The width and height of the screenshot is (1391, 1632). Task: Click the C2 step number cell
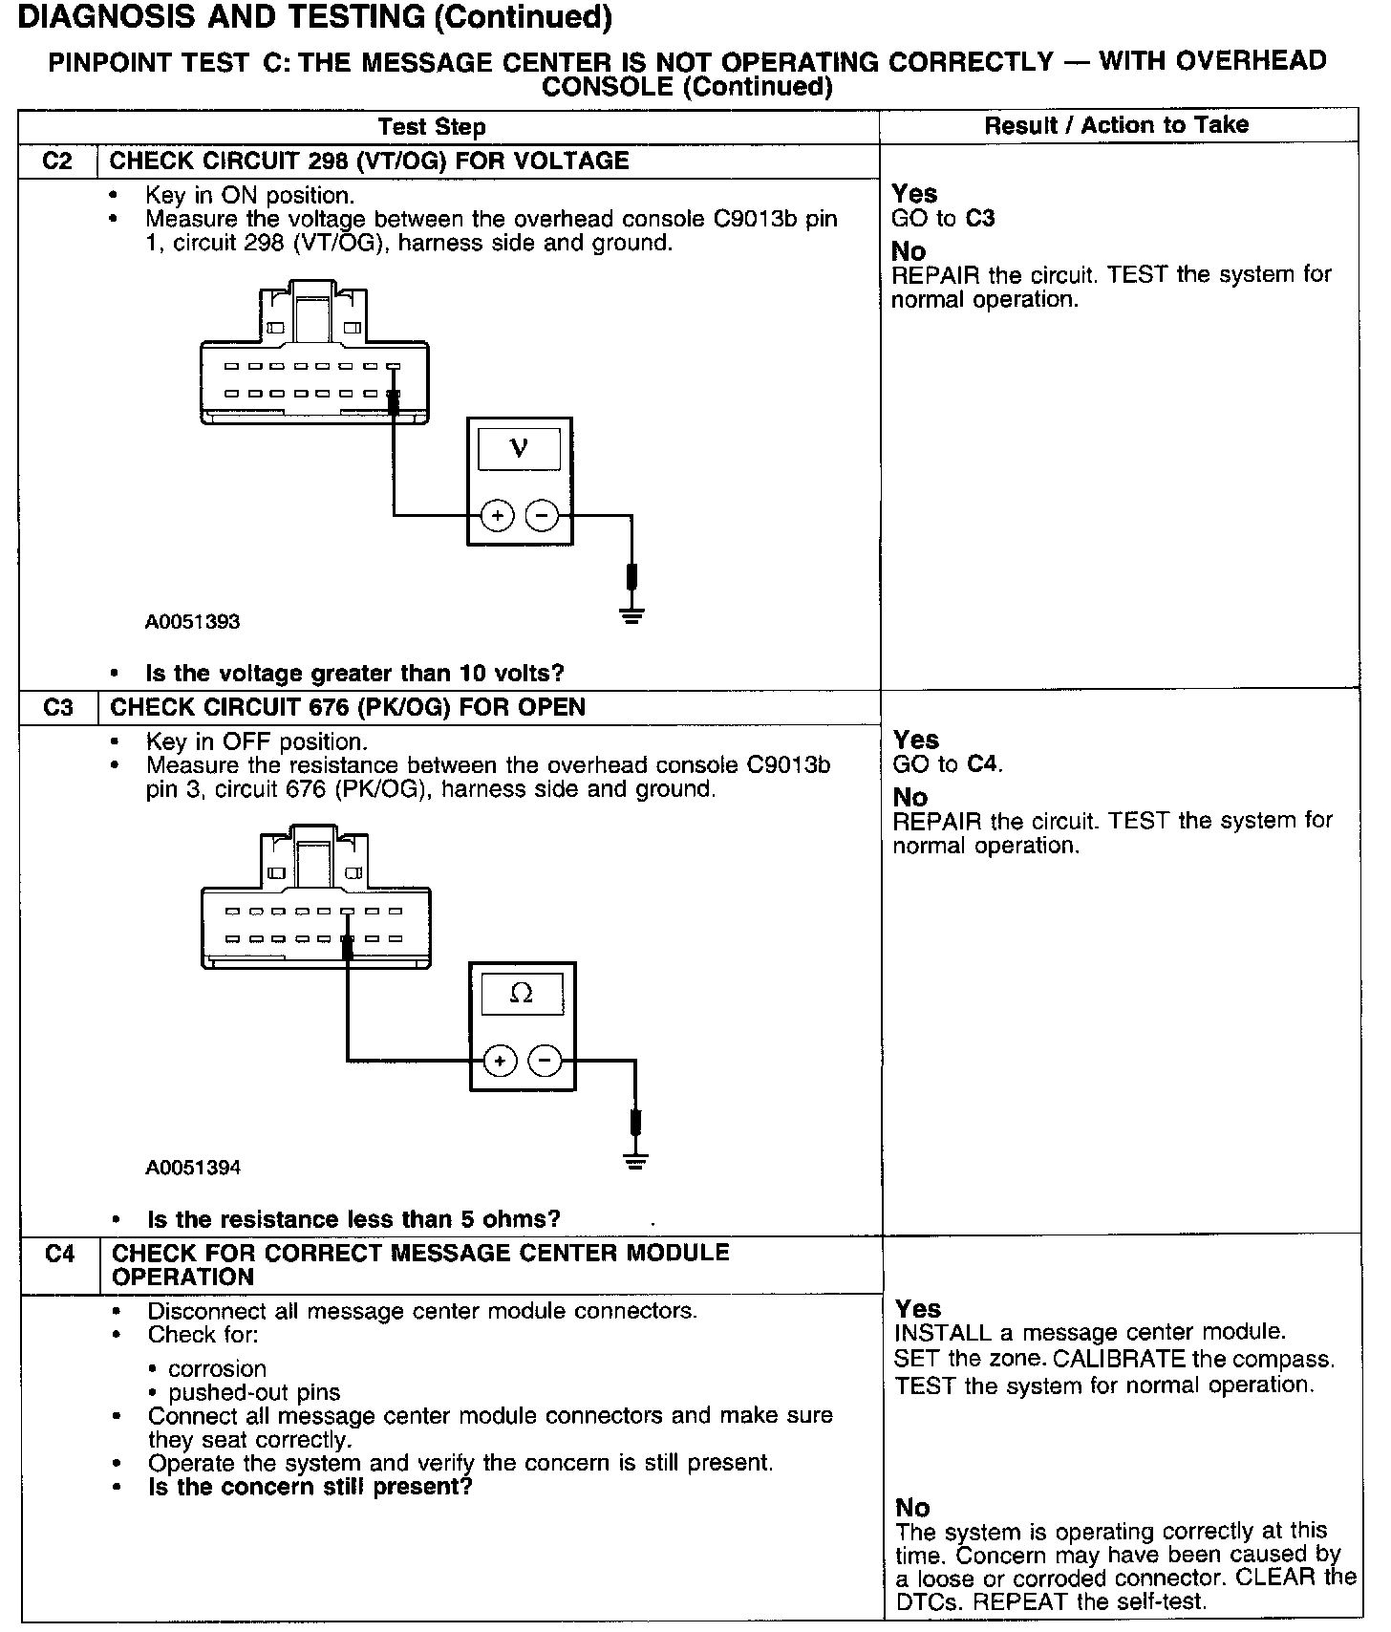tap(58, 161)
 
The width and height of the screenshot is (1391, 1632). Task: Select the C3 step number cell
tap(58, 707)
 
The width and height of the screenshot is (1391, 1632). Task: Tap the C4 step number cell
tap(59, 1254)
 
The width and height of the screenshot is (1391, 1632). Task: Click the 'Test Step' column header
tap(432, 127)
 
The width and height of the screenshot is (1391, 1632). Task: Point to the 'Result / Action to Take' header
tap(1117, 125)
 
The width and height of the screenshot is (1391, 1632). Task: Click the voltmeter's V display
tap(519, 447)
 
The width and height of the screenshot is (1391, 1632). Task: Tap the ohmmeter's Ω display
tap(522, 994)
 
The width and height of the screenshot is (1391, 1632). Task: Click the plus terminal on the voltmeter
tap(497, 516)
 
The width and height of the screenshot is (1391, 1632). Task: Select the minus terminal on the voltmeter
tap(542, 516)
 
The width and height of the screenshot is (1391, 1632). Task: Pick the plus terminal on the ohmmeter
tap(500, 1061)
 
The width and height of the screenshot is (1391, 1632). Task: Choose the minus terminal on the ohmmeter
tap(545, 1061)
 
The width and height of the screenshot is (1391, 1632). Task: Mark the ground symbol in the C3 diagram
tap(635, 1160)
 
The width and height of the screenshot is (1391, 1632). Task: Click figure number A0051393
tap(192, 622)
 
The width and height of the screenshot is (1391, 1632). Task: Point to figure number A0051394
tap(193, 1168)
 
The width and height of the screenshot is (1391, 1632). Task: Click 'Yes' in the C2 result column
tap(914, 194)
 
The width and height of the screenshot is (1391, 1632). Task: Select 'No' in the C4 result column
tap(912, 1508)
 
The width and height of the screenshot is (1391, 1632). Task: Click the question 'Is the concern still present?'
tap(310, 1487)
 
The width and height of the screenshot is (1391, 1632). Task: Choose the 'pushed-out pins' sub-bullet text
tap(254, 1392)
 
